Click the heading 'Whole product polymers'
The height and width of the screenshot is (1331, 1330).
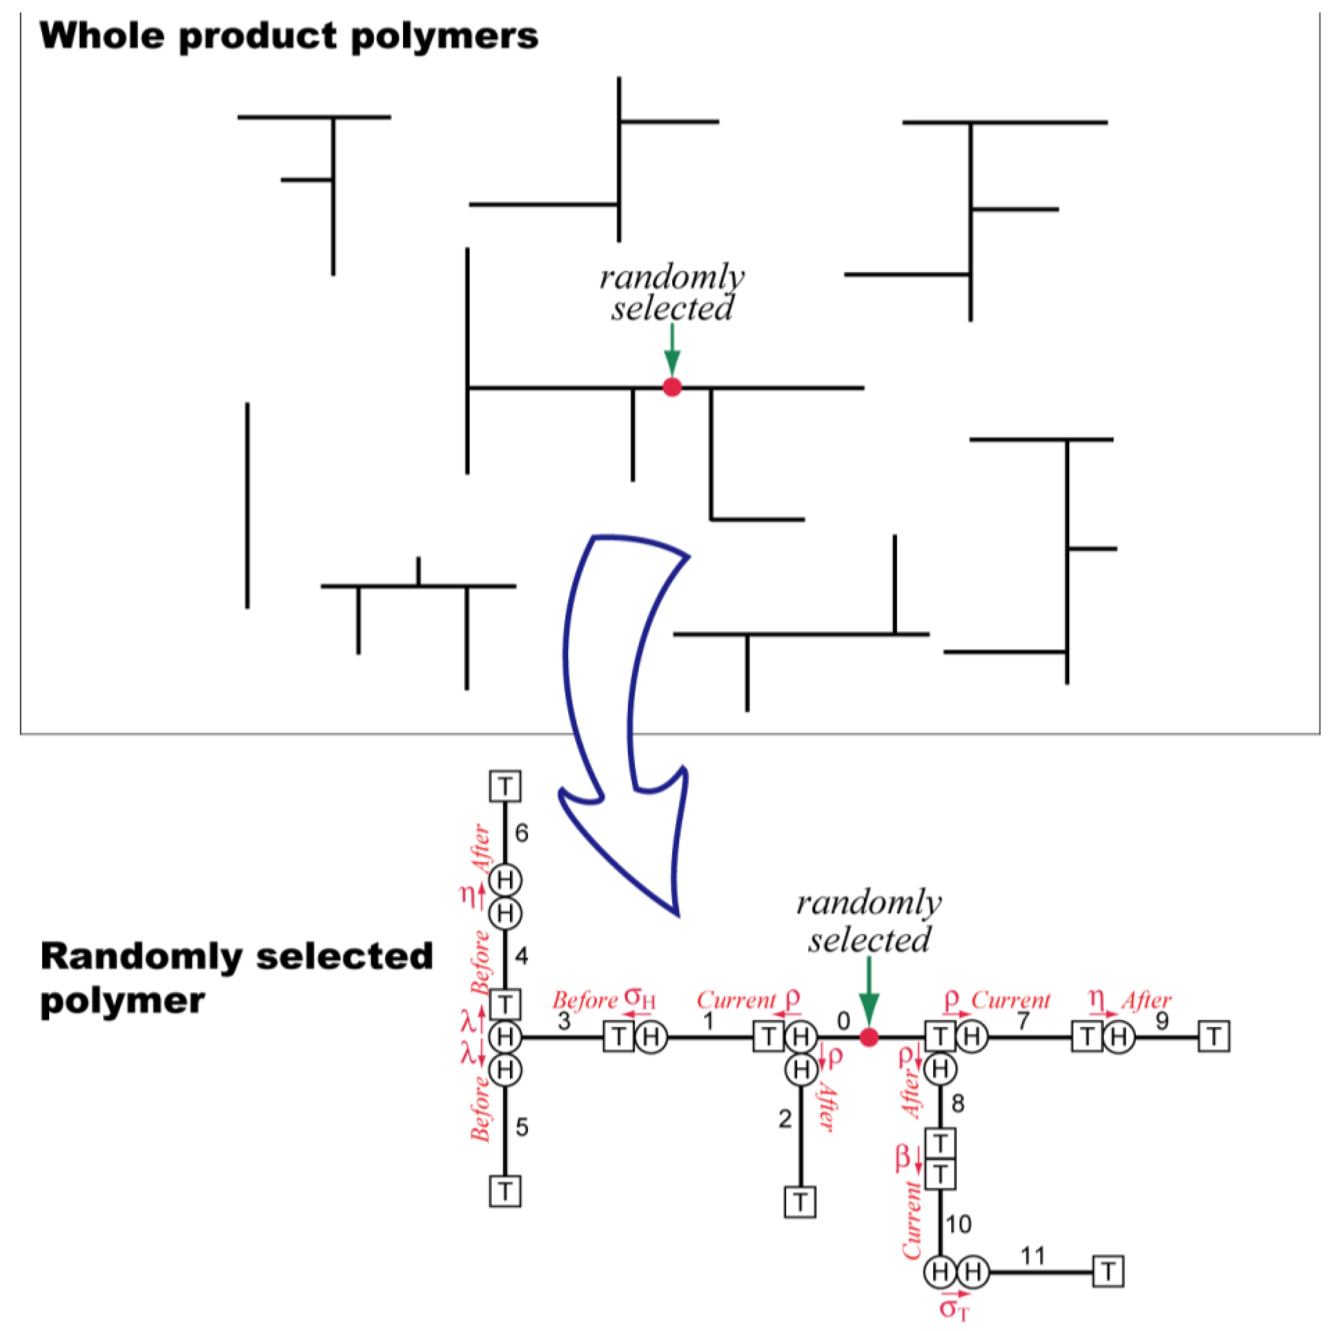[289, 36]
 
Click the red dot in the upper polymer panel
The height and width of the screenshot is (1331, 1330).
[672, 387]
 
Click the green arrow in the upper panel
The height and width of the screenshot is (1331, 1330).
[672, 350]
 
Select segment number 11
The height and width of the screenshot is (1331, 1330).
[1032, 1256]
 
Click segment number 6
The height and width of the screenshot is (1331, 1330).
[521, 834]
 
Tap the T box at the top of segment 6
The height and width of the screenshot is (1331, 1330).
[505, 786]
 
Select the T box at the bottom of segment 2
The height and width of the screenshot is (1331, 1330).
[800, 1202]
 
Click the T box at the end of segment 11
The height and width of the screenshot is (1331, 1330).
[1108, 1271]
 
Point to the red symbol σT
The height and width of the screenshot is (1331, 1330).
[955, 1307]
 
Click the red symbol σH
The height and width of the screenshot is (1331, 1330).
[639, 998]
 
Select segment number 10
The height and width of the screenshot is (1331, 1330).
[958, 1224]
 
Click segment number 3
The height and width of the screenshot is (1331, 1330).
[564, 1022]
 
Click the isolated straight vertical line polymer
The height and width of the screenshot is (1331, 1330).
[247, 506]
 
